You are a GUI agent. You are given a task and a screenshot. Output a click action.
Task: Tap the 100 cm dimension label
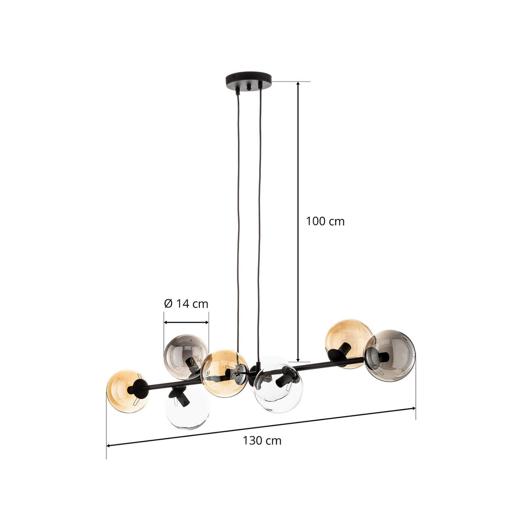click(x=325, y=221)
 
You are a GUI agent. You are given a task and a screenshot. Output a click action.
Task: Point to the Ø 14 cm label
click(x=186, y=303)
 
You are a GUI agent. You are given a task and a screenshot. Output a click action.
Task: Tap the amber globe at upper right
click(x=348, y=344)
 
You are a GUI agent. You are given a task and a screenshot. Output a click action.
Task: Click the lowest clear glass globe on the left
click(x=187, y=407)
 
